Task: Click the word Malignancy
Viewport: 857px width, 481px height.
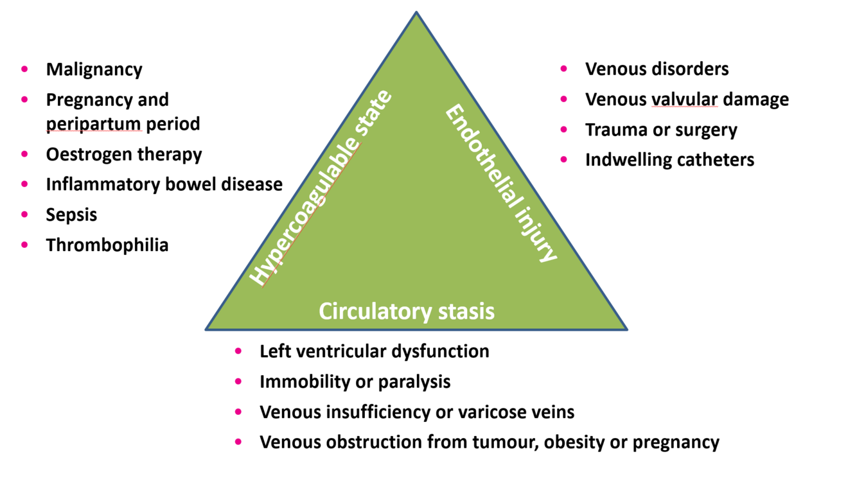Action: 94,69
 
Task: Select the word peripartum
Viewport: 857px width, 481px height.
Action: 94,123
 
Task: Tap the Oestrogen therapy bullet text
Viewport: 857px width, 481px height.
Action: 124,155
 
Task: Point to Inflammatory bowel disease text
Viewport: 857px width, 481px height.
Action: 164,185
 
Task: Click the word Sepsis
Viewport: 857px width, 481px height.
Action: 71,214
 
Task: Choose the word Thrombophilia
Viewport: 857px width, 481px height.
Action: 107,245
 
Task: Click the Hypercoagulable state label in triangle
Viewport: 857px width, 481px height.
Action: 320,189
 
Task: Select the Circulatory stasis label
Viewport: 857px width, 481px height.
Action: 407,311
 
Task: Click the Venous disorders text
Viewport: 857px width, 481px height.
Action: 657,69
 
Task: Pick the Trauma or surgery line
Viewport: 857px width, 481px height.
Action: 661,130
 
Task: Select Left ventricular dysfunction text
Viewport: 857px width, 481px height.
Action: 374,352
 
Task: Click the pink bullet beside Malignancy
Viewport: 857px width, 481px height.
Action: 25,69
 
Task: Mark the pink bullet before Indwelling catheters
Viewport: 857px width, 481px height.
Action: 564,159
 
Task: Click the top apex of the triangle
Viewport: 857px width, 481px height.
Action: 416,12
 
